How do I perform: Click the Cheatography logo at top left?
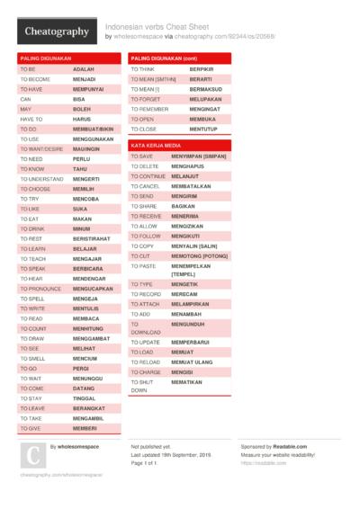[56, 32]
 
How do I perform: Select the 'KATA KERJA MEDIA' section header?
[156, 145]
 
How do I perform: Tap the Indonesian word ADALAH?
[84, 69]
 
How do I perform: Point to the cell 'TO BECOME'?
[35, 79]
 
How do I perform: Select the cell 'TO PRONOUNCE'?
[40, 289]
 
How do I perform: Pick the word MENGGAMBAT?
[94, 338]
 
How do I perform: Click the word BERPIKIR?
[202, 69]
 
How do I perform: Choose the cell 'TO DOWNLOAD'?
[145, 327]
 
